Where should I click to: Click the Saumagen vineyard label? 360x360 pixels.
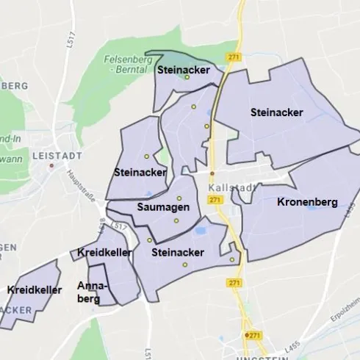click(163, 207)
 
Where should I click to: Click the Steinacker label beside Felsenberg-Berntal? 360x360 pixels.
click(184, 70)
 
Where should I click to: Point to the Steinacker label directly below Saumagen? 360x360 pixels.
click(177, 252)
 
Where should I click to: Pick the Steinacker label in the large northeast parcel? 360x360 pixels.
click(276, 112)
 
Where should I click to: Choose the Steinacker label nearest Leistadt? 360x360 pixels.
click(140, 172)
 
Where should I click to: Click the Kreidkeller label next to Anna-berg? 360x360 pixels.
click(104, 253)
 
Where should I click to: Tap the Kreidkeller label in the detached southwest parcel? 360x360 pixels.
click(34, 290)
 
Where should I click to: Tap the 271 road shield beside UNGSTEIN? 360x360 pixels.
click(254, 335)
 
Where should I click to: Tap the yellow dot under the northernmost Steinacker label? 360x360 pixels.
click(187, 77)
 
